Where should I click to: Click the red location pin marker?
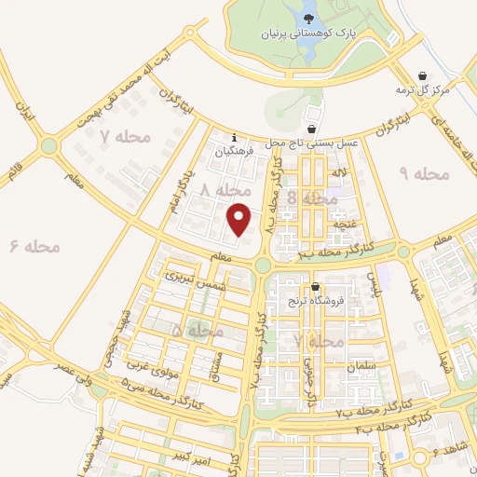(x=239, y=218)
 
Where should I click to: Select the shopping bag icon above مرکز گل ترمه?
(x=425, y=75)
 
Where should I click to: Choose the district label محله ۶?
(x=35, y=246)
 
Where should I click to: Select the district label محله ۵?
(x=198, y=331)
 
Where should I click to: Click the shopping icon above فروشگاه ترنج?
(x=317, y=286)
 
